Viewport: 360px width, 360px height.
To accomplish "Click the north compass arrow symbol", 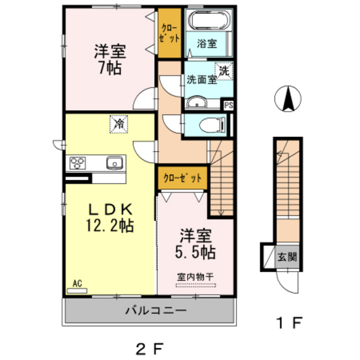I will tap(289, 99).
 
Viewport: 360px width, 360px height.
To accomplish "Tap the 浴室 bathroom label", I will tap(208, 44).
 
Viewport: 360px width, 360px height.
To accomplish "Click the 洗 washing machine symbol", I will tap(224, 71).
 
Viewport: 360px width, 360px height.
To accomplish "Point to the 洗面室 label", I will tap(201, 80).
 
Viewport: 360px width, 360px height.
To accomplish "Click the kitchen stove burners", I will tap(78, 163).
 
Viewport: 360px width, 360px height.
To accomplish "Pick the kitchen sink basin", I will tap(114, 163).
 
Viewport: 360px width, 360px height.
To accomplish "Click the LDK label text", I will tap(110, 210).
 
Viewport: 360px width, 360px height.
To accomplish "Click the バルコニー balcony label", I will tap(152, 310).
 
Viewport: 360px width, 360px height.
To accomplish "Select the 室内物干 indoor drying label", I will tap(195, 277).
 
